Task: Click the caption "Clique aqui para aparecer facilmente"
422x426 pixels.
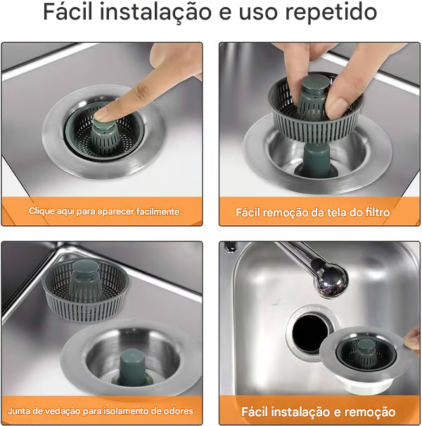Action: pyautogui.click(x=103, y=211)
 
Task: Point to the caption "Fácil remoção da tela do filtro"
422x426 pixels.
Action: pyautogui.click(x=312, y=211)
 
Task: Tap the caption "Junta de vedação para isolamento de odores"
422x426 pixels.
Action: pyautogui.click(x=101, y=411)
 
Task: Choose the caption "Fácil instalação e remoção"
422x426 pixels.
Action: pyautogui.click(x=318, y=412)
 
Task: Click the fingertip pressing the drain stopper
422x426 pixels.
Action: pyautogui.click(x=105, y=112)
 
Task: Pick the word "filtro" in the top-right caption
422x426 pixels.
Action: pyautogui.click(x=374, y=211)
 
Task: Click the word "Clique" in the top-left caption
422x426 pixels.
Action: pyautogui.click(x=40, y=211)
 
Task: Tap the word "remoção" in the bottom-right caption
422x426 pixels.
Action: pyautogui.click(x=368, y=412)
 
